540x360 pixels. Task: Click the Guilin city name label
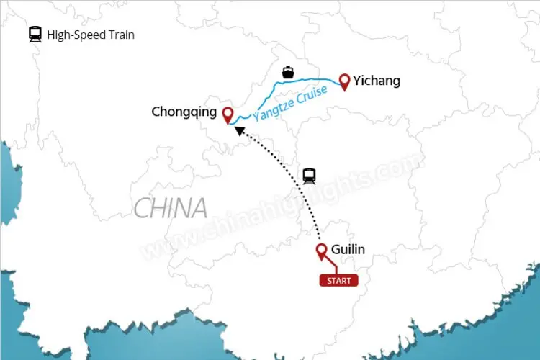pyautogui.click(x=348, y=250)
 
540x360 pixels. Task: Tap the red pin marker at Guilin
pyautogui.click(x=322, y=251)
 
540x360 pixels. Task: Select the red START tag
pyautogui.click(x=338, y=280)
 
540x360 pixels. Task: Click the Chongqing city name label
pyautogui.click(x=184, y=112)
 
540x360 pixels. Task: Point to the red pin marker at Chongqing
pyautogui.click(x=227, y=114)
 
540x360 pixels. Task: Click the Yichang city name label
pyautogui.click(x=377, y=81)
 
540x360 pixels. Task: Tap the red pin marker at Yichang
pyautogui.click(x=344, y=81)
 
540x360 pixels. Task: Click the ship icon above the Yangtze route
pyautogui.click(x=288, y=72)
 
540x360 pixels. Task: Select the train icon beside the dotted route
pyautogui.click(x=310, y=175)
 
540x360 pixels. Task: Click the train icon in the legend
pyautogui.click(x=34, y=34)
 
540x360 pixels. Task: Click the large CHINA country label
pyautogui.click(x=171, y=209)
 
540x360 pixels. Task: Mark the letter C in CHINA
pyautogui.click(x=143, y=209)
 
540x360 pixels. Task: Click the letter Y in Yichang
pyautogui.click(x=357, y=81)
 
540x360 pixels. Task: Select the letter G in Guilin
pyautogui.click(x=336, y=250)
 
